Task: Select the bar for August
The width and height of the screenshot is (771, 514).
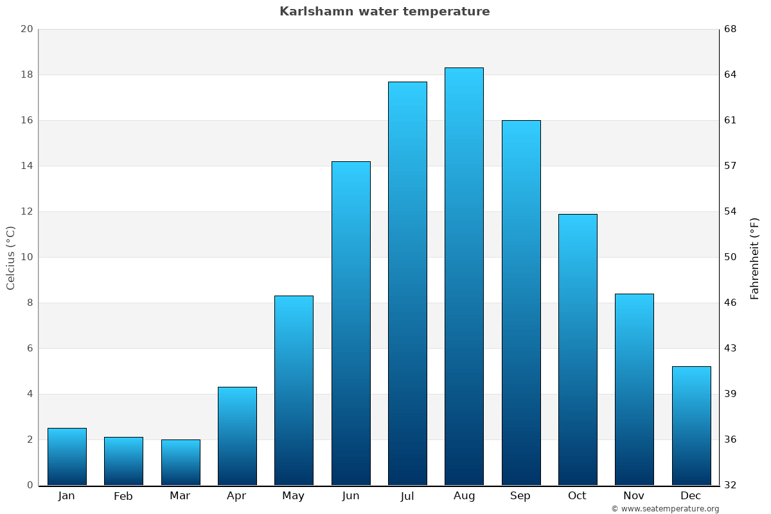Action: (x=464, y=276)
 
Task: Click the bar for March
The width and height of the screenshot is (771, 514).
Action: (x=181, y=463)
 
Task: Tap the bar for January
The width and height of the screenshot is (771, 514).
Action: (x=67, y=457)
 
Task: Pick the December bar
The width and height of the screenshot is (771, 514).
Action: (x=691, y=425)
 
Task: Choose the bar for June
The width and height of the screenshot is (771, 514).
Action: (x=351, y=323)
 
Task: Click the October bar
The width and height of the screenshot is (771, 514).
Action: (x=578, y=350)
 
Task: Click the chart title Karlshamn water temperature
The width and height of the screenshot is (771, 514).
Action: (x=384, y=12)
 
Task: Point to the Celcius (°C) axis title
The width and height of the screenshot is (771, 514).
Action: (x=10, y=258)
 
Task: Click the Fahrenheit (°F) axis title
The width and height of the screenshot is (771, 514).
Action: (x=754, y=258)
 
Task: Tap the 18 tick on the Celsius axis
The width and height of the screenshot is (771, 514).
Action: (x=26, y=75)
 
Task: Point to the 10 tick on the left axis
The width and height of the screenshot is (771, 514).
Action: (x=26, y=257)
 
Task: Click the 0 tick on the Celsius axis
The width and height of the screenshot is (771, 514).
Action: (x=30, y=485)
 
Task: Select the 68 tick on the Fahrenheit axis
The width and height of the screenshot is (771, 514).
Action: (x=731, y=29)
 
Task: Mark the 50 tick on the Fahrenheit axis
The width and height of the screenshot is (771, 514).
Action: (x=731, y=257)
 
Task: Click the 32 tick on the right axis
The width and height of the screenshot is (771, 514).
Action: (x=731, y=485)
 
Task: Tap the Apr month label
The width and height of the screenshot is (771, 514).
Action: (x=236, y=496)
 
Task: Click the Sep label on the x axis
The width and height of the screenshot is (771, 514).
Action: (x=520, y=496)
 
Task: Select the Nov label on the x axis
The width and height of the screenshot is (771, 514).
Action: (x=634, y=496)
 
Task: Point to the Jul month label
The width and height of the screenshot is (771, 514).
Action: (x=407, y=496)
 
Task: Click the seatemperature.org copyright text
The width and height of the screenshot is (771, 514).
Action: (x=665, y=509)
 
